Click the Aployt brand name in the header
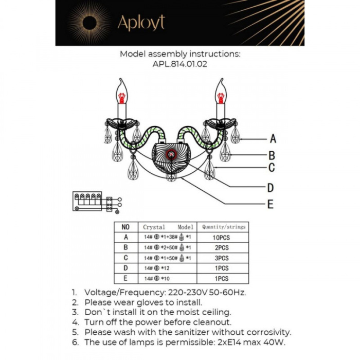pos(141,22)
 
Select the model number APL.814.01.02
pos(180,64)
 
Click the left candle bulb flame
pos(122,93)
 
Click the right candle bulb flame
pos(221,93)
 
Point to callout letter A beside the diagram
pos(273,139)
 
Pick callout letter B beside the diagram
pos(272,155)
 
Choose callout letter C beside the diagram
pos(272,168)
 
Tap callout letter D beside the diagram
pos(271,188)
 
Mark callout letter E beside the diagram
pos(270,205)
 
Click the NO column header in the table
pos(125,227)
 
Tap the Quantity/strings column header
pos(223,227)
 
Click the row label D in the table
pos(125,268)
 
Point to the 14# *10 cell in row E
pos(156,278)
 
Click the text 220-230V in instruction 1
pos(182,292)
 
